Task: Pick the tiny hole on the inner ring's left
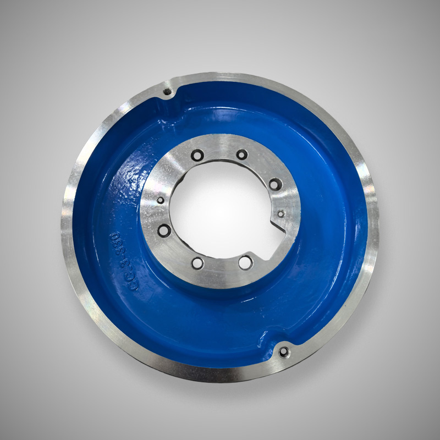click(161, 200)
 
